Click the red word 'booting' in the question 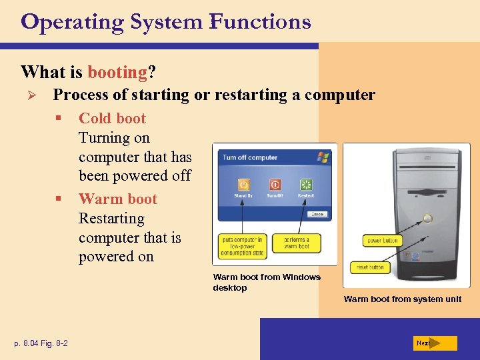coord(117,71)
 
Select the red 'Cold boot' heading coord(112,119)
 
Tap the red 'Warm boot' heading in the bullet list coord(117,199)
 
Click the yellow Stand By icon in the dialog coord(244,185)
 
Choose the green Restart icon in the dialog coord(306,185)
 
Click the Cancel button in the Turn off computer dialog coord(317,214)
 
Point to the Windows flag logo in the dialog coord(323,157)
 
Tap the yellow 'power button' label coord(383,240)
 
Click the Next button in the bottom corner coord(434,343)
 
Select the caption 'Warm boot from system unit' coord(402,299)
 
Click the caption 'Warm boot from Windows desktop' coord(266,282)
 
